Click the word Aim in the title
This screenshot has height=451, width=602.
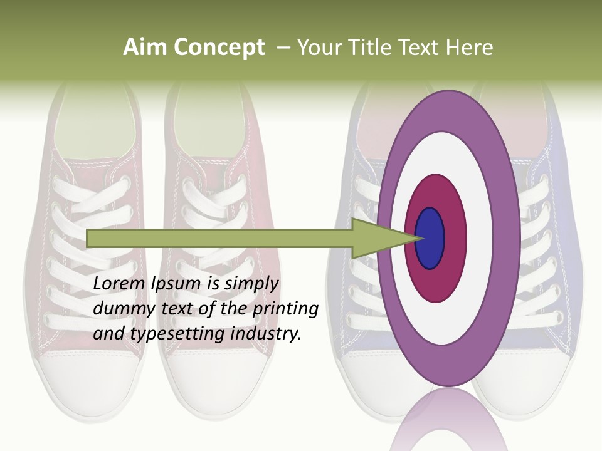tap(145, 48)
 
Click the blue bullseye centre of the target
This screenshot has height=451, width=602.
tap(430, 239)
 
